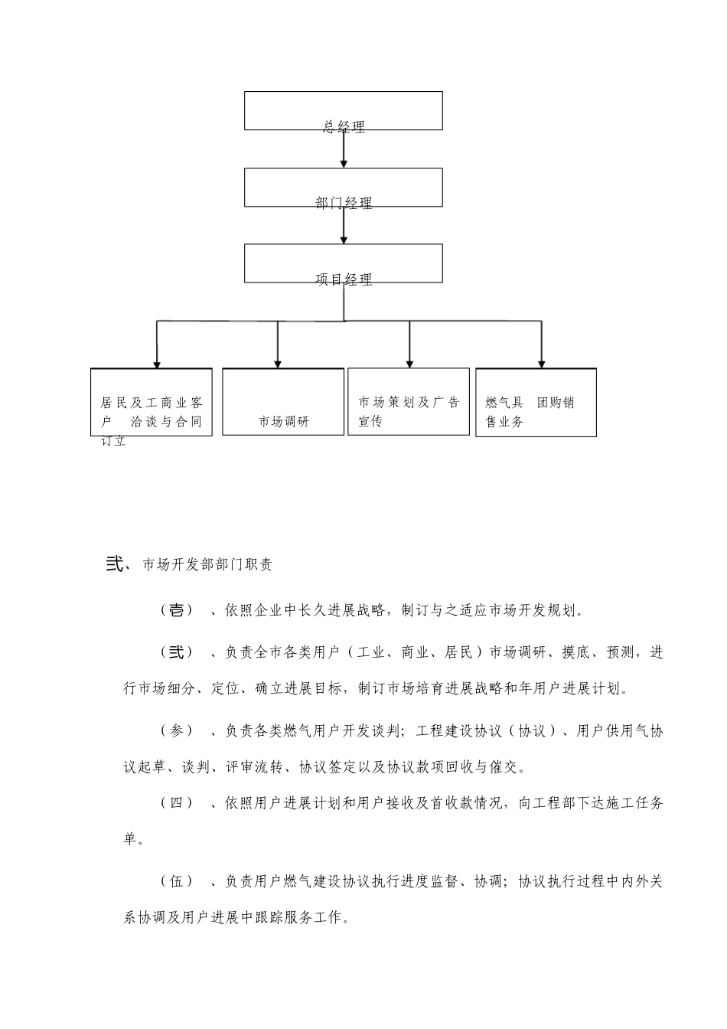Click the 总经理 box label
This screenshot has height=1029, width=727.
point(344,127)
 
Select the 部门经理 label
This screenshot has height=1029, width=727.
point(344,203)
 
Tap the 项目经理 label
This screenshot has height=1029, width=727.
point(344,279)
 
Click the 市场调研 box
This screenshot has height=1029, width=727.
point(283,402)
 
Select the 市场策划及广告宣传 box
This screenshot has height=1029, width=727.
point(409,402)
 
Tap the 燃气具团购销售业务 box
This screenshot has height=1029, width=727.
point(536,403)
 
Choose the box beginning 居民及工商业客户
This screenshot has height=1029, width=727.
point(152,403)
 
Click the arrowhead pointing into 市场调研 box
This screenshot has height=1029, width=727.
point(278,364)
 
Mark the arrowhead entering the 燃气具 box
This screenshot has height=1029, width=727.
point(542,364)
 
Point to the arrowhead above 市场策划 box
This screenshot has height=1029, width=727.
point(409,364)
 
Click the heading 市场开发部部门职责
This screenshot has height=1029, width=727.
point(207,565)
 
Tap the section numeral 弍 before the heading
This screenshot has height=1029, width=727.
point(115,564)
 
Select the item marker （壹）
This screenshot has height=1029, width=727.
point(177,610)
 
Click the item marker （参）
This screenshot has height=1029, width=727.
point(177,731)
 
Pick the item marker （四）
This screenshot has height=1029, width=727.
point(177,802)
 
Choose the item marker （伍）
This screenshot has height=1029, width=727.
point(177,881)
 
